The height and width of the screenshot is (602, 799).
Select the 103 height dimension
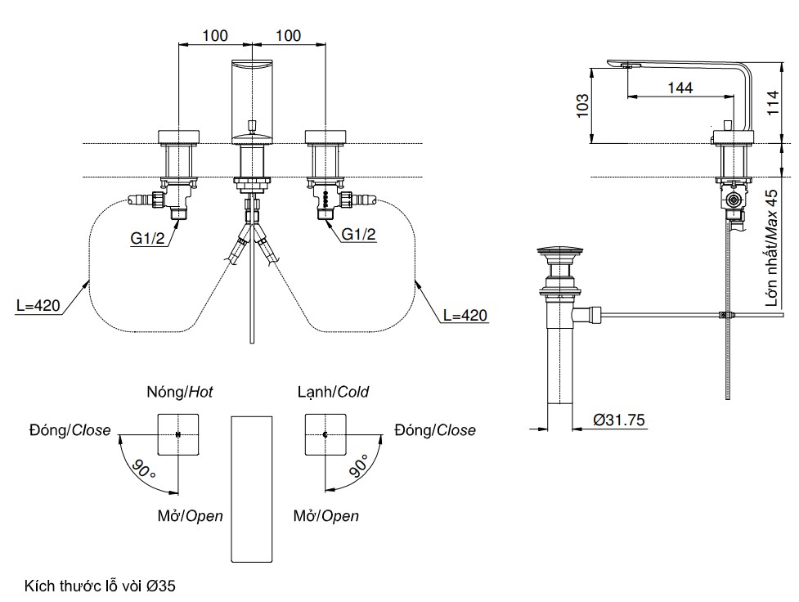tap(582, 106)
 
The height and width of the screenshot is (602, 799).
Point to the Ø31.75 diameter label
tap(620, 420)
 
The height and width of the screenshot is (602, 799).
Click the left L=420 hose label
tap(38, 307)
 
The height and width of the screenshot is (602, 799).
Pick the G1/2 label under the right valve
tap(359, 235)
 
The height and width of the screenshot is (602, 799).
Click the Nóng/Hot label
tap(179, 392)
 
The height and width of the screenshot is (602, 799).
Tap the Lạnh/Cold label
tap(333, 392)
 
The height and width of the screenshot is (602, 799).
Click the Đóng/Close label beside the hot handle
tap(70, 430)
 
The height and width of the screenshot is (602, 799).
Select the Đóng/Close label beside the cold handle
tap(434, 430)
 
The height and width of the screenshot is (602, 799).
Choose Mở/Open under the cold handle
tap(325, 516)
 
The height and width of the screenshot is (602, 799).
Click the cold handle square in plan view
tap(325, 435)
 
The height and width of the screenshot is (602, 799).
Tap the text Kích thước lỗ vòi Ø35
tap(101, 586)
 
